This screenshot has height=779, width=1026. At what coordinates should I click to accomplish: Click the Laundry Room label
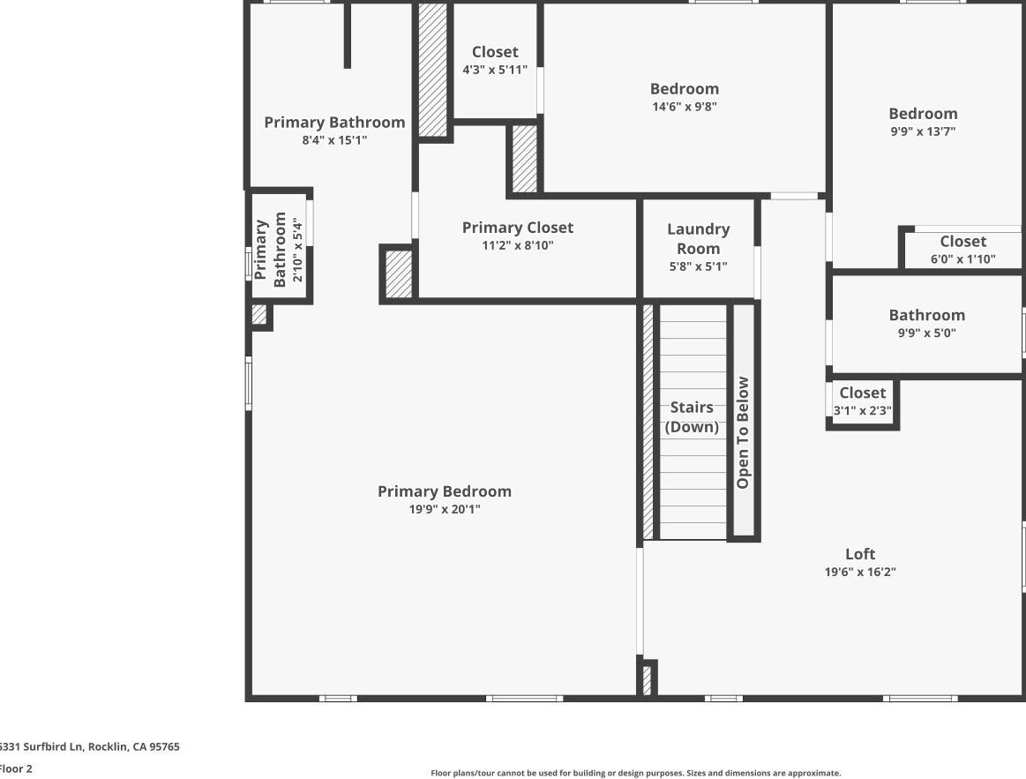click(698, 238)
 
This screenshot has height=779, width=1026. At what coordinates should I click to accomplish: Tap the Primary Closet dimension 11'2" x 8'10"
click(517, 246)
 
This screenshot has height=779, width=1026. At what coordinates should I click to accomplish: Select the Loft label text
click(860, 554)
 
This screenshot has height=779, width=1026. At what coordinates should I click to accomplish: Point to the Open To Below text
click(743, 432)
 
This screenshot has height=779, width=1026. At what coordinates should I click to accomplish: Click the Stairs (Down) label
click(692, 417)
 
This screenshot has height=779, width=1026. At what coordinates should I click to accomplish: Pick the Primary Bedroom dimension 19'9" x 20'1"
click(444, 509)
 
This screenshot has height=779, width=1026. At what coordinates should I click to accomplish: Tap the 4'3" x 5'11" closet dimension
click(495, 70)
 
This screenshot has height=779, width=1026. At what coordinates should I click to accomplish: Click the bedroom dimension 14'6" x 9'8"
click(685, 107)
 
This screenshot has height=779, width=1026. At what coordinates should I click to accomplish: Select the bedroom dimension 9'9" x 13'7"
click(923, 131)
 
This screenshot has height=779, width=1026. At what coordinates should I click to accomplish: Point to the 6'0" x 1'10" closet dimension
click(962, 259)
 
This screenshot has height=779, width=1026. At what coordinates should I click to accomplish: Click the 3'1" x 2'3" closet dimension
click(862, 410)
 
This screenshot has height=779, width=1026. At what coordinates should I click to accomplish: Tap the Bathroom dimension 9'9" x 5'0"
click(926, 333)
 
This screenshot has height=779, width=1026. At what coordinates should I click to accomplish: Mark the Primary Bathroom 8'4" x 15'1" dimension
click(334, 140)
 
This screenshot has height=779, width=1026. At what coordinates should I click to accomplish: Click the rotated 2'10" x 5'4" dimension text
click(298, 250)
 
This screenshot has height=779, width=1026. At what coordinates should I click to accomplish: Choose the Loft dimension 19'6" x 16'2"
click(860, 572)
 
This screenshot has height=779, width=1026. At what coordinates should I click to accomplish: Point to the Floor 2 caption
click(16, 768)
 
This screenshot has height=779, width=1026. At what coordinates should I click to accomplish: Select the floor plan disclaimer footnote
click(635, 773)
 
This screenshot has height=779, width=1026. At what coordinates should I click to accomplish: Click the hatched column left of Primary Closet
click(399, 274)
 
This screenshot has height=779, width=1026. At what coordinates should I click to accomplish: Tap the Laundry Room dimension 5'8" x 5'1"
click(698, 266)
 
